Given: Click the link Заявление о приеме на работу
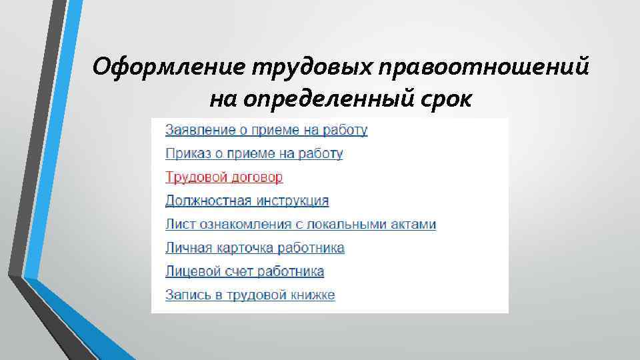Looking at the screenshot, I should click(266, 130).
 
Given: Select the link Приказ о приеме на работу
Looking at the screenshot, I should click(254, 154).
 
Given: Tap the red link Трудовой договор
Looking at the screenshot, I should click(224, 177).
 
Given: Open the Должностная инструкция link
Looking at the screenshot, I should click(247, 201).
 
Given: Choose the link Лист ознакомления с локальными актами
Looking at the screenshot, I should click(301, 225).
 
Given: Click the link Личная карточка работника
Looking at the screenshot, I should click(255, 248).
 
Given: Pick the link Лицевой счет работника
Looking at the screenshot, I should click(245, 271).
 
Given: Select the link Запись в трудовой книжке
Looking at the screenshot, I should click(250, 295).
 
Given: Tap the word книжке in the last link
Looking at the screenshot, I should click(313, 295).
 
